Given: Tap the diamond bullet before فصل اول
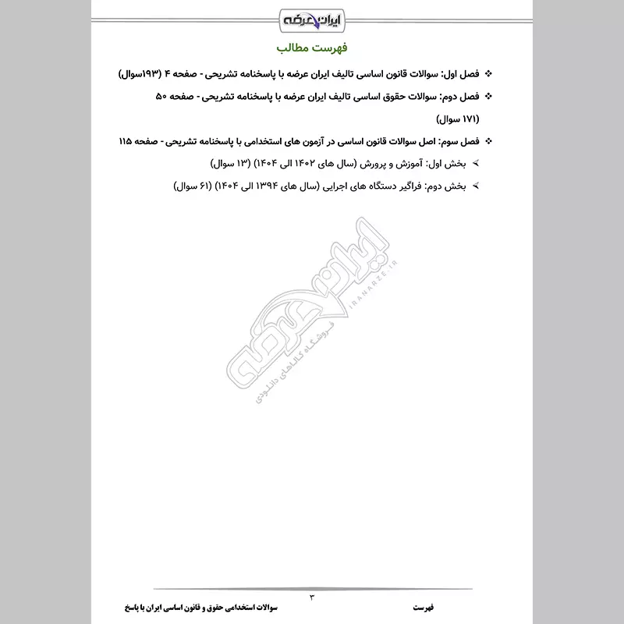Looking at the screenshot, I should click(489, 74).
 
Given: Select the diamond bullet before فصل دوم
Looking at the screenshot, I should click(489, 97).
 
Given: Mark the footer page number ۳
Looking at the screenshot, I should click(311, 597).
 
